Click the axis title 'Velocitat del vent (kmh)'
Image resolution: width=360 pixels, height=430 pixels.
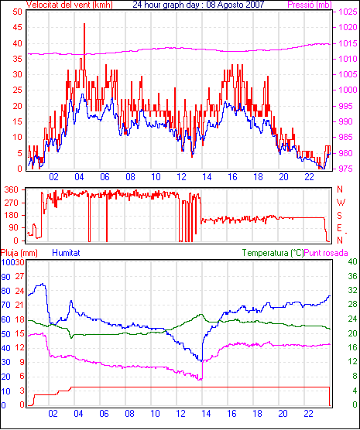(69, 5)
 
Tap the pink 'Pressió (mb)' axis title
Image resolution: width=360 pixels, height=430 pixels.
(310, 5)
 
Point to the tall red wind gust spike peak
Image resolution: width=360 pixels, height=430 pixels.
(84, 24)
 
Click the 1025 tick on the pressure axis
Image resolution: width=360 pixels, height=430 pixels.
(348, 12)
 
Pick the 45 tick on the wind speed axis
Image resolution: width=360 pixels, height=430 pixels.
(17, 27)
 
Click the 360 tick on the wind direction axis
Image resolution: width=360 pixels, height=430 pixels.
(12, 189)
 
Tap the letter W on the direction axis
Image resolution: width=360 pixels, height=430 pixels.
(341, 203)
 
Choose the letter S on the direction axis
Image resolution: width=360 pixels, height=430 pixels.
(339, 216)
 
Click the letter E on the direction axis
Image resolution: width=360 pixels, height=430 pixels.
(339, 228)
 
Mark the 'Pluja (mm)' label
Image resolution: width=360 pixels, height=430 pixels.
(19, 253)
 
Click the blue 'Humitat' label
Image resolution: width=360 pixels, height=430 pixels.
(66, 253)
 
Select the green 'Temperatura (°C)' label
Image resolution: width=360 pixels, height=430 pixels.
(273, 253)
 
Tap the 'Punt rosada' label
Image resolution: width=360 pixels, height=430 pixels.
(326, 253)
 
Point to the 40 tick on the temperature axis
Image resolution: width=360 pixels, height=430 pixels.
(352, 261)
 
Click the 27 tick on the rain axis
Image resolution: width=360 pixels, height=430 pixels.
(19, 276)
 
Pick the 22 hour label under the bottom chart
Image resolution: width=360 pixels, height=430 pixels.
(308, 413)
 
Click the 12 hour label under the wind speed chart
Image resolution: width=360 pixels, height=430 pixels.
(181, 177)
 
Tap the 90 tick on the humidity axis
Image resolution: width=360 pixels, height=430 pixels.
(5, 277)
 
